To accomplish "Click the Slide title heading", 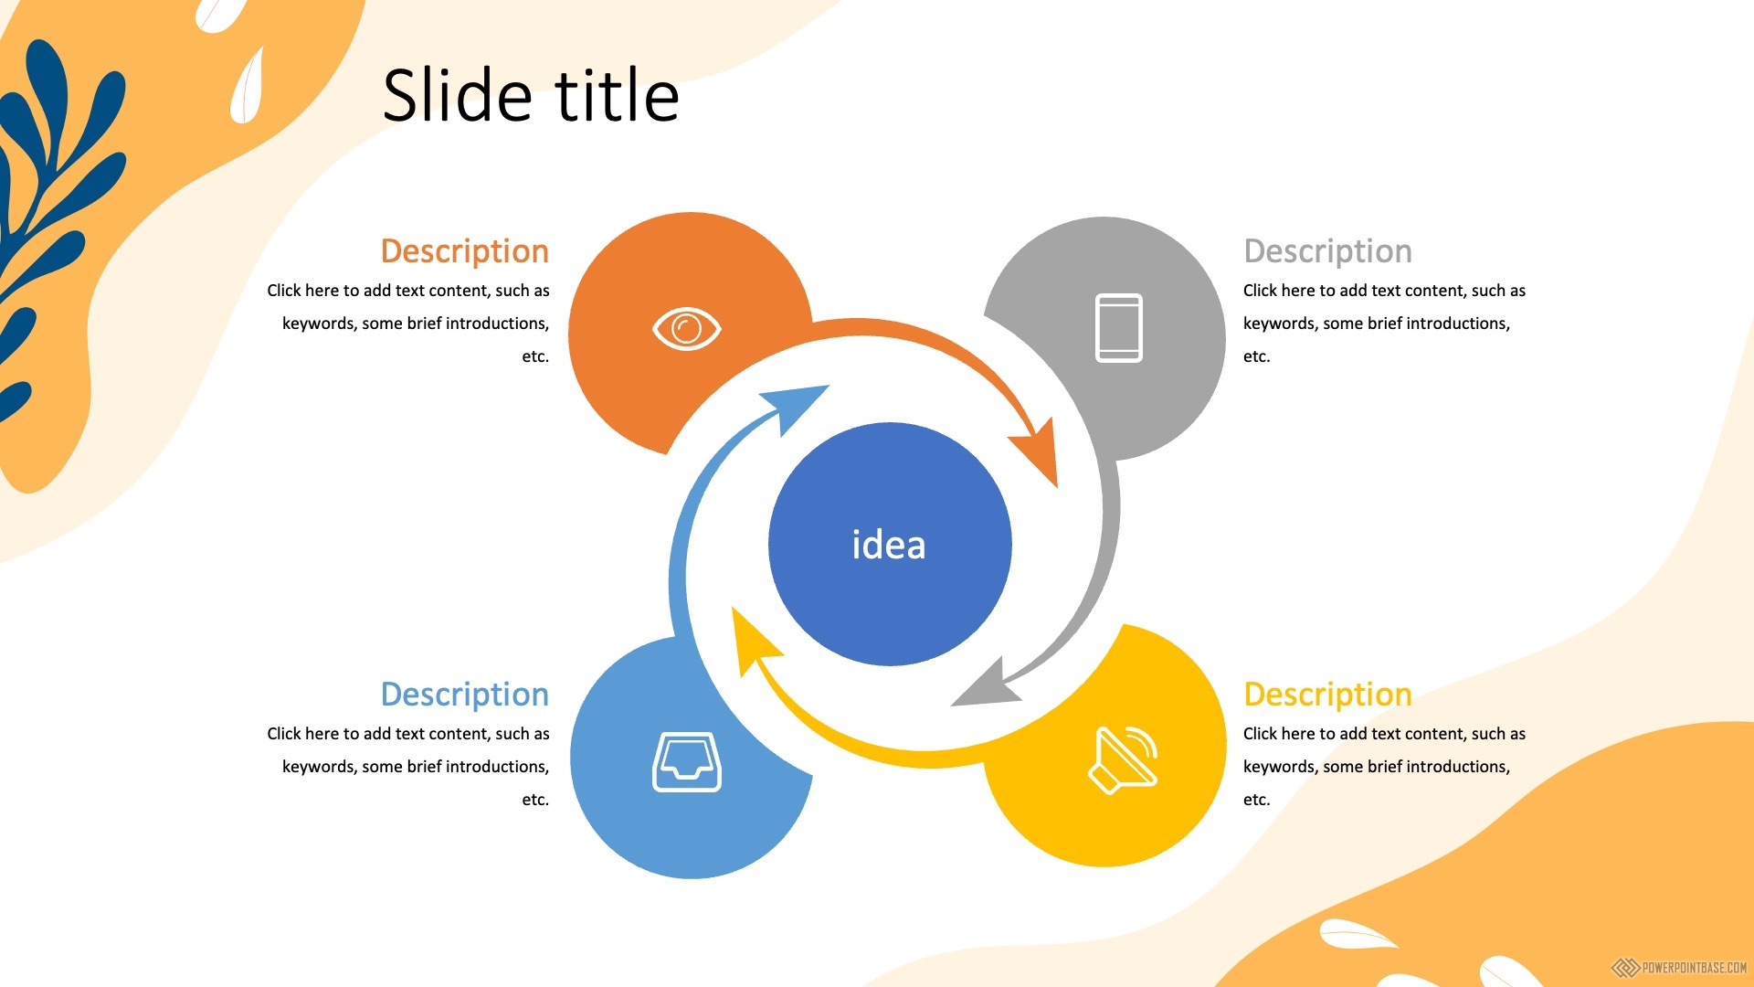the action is coord(531,95).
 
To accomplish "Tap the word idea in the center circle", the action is coord(889,545).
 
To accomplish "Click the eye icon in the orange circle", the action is coord(687,329).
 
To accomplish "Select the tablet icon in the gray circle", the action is coord(1119,328).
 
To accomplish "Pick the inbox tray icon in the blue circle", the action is coord(687,761).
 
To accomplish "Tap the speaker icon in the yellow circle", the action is coord(1123,760).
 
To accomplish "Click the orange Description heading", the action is coord(465,251).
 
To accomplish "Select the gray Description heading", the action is coord(1327,251).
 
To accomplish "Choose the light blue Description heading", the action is coord(465,695).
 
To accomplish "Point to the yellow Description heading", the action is coord(1327,695).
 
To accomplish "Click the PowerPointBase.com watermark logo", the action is coord(1679,968).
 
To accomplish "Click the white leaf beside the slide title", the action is coord(247,86).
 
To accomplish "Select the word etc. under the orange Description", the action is coord(535,356).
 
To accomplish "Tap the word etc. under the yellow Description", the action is coord(1257,800).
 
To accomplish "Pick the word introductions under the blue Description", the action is coord(497,767).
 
